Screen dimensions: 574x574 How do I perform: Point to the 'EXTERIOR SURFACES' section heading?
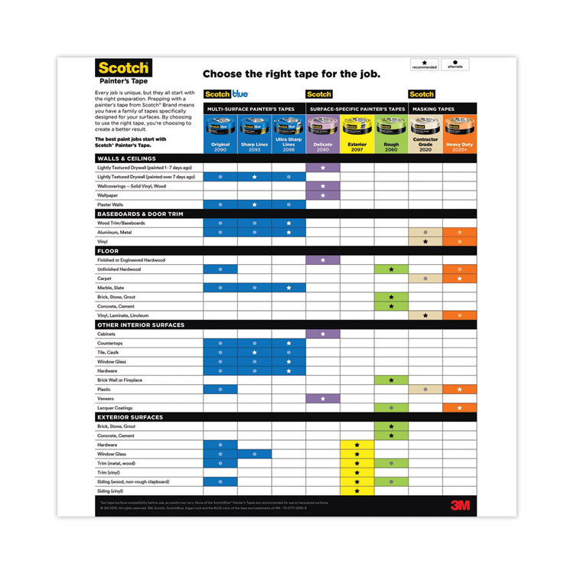tap(129, 417)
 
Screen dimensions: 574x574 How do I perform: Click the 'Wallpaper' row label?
tap(110, 195)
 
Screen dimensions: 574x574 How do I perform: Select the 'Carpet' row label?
tap(106, 279)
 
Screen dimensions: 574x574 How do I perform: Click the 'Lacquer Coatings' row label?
tap(117, 408)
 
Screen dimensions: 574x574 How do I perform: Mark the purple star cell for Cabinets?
tap(322, 334)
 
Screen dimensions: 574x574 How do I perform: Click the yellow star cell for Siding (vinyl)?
tap(357, 491)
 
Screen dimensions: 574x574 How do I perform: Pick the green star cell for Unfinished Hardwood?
tap(391, 269)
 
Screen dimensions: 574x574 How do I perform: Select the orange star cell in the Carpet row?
tap(459, 279)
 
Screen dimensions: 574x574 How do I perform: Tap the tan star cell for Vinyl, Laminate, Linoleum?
tap(425, 315)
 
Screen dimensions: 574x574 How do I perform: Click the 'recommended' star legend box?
tap(425, 64)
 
